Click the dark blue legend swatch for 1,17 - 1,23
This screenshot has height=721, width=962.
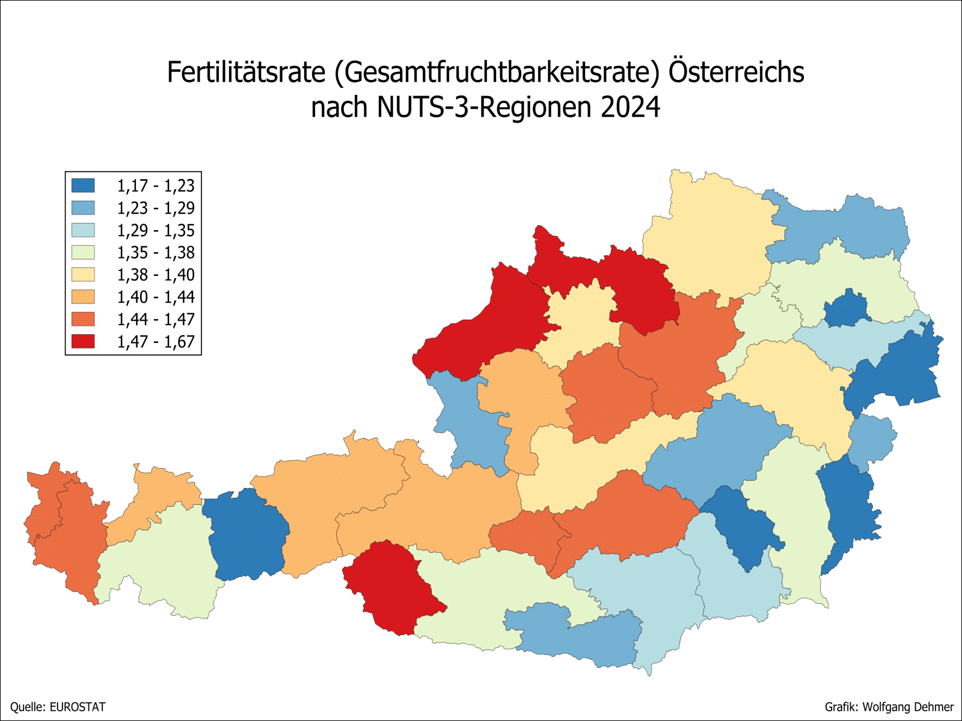coord(83,185)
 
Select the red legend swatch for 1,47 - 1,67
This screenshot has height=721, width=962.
coord(83,341)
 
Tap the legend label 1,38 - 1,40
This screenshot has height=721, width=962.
coord(155,275)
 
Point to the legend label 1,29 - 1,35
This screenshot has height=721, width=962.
coord(155,230)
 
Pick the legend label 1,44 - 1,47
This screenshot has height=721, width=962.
coord(155,319)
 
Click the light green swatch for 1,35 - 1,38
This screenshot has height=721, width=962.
coord(83,252)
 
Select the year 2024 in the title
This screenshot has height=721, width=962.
coord(630,108)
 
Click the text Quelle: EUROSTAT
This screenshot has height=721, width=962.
coord(58,707)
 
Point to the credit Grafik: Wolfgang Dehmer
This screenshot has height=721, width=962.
coord(889,707)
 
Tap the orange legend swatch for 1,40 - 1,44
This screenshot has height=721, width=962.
coord(83,297)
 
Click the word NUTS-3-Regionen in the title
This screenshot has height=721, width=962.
coord(485,108)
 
